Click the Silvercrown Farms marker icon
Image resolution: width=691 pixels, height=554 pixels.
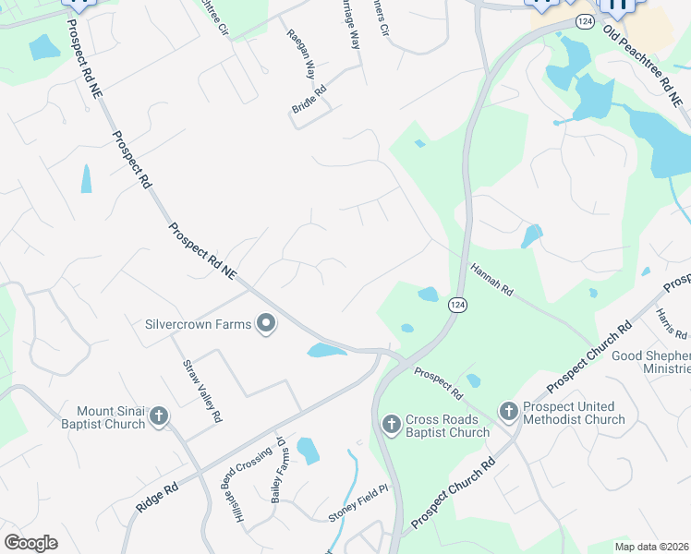pos(266,324)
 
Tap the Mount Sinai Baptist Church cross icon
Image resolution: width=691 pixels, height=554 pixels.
pos(158,417)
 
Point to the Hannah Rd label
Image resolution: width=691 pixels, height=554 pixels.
pos(491,278)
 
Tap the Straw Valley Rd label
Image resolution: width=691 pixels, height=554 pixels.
pos(202,391)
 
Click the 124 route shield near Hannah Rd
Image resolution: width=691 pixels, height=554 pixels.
pos(456,305)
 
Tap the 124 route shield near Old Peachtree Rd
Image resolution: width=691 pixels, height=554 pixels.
pos(584,20)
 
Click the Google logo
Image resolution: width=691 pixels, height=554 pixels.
pos(30,543)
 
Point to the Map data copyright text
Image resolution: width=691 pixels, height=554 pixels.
pos(651,546)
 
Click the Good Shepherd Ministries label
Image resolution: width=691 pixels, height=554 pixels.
pos(651,363)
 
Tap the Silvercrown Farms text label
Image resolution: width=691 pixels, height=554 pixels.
pos(198,324)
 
